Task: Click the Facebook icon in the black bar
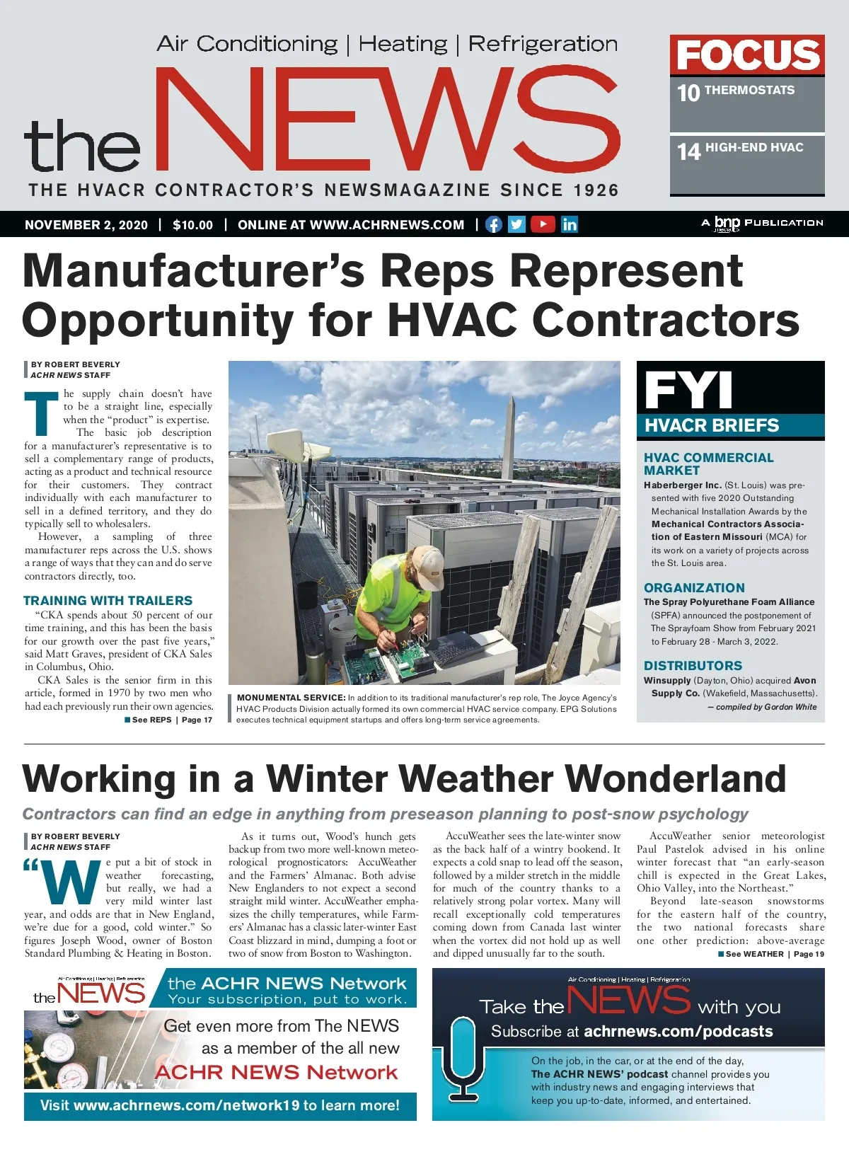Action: coord(494,224)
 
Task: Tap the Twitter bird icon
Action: coord(517,224)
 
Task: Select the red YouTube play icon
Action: coord(543,224)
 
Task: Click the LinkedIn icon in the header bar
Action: coord(570,224)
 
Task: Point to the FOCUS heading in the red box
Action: coord(747,55)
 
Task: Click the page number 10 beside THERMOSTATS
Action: coord(688,93)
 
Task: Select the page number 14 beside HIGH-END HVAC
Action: coord(688,151)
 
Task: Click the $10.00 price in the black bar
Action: coord(192,225)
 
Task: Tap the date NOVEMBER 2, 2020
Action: coord(86,225)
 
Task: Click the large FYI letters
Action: coord(688,389)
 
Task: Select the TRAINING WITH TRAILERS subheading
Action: coord(108,601)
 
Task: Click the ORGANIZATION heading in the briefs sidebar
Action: coord(694,588)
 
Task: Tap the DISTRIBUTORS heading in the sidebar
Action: coord(693,666)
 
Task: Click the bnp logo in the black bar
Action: coord(727,223)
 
